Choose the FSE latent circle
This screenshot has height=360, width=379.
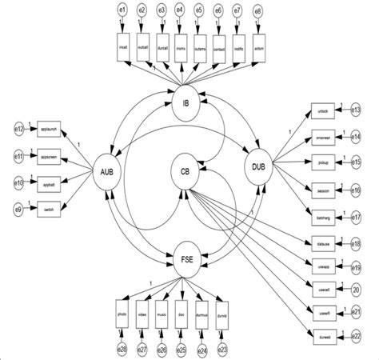[x=186, y=257]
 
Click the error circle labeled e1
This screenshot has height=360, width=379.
[x=122, y=11]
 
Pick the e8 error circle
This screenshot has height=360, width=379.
[x=257, y=11]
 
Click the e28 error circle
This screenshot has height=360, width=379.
[x=122, y=349]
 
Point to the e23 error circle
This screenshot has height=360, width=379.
[x=222, y=349]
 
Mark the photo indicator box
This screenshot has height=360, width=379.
[x=122, y=310]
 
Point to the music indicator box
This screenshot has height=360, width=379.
[x=162, y=310]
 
